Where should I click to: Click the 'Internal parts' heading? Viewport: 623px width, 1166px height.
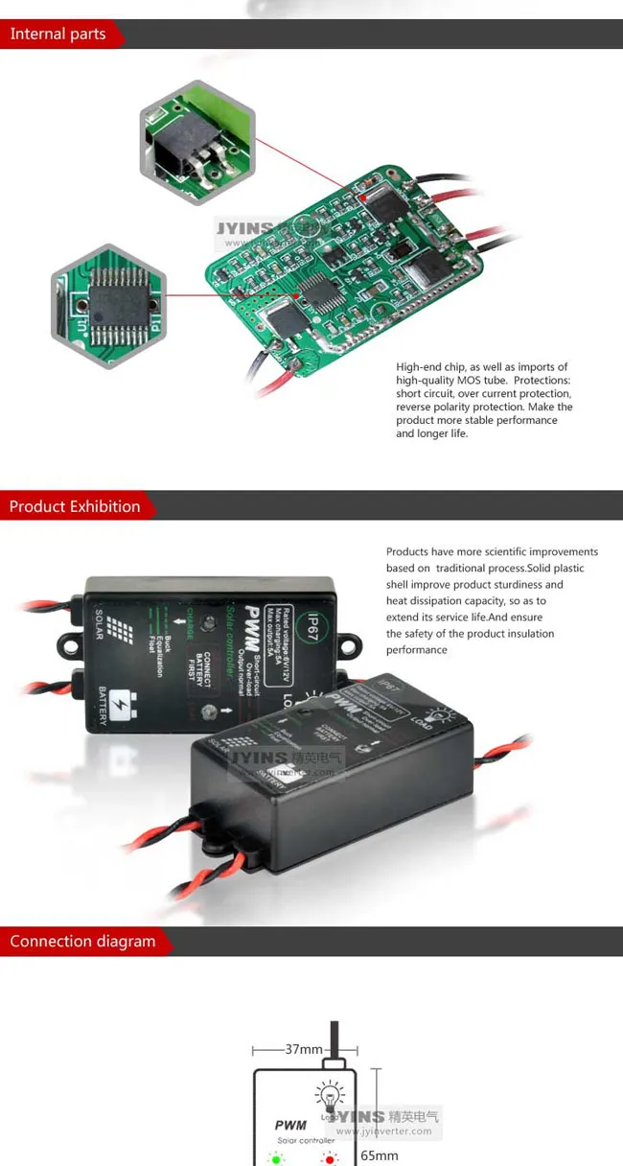(58, 35)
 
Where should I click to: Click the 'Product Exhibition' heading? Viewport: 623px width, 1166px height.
(75, 506)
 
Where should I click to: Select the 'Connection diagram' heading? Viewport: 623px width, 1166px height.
(82, 942)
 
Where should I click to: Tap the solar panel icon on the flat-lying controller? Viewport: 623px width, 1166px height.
(118, 630)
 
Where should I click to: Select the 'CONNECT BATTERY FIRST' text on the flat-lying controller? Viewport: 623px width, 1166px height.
(201, 661)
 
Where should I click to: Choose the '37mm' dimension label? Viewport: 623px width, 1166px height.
(304, 1049)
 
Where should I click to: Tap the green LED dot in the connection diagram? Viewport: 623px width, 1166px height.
(277, 1159)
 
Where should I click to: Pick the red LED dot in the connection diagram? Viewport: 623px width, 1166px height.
(330, 1159)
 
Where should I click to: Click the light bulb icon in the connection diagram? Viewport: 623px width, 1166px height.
(330, 1094)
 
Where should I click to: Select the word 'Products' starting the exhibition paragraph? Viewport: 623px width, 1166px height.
(407, 551)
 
